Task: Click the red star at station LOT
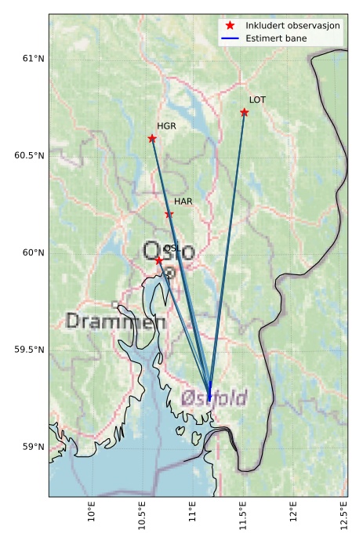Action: tap(245, 112)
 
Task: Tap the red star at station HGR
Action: tap(152, 139)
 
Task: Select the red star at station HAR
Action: tap(169, 214)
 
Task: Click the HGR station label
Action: tap(166, 126)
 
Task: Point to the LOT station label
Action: tap(257, 100)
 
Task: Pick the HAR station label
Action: tap(183, 201)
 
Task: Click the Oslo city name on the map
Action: tap(169, 252)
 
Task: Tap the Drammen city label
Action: tap(115, 321)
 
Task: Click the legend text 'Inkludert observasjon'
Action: tap(292, 25)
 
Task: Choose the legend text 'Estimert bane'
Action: tap(276, 38)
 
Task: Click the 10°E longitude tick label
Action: tap(93, 519)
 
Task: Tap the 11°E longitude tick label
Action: tap(193, 519)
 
